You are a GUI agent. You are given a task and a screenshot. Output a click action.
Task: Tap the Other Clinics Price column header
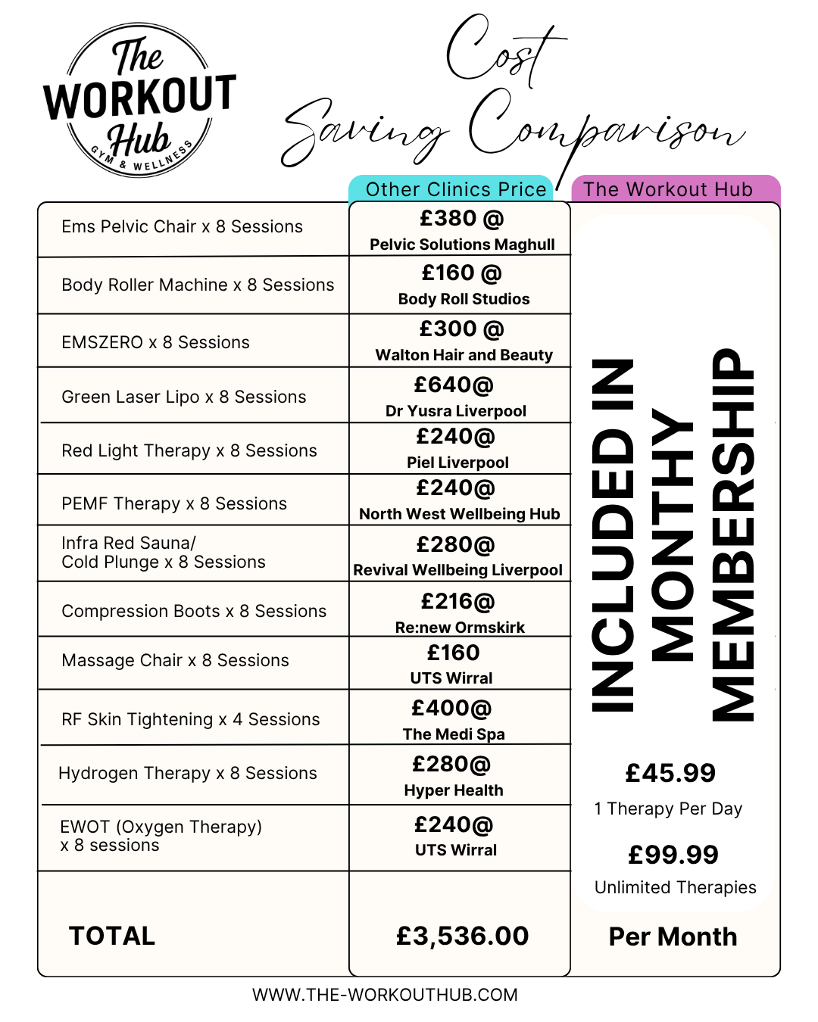pyautogui.click(x=456, y=189)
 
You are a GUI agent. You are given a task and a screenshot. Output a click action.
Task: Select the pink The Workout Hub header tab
pyautogui.click(x=668, y=189)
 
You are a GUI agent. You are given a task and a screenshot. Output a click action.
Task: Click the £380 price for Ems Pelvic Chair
pyautogui.click(x=461, y=219)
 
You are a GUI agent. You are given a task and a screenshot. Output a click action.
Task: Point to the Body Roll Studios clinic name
pyautogui.click(x=464, y=299)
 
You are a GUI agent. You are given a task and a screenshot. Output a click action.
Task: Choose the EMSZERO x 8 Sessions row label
pyautogui.click(x=155, y=342)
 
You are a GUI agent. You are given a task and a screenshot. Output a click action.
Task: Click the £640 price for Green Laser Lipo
pyautogui.click(x=454, y=385)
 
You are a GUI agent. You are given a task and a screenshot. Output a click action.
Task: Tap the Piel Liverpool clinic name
pyautogui.click(x=457, y=463)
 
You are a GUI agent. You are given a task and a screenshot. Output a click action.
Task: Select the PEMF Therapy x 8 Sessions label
pyautogui.click(x=174, y=503)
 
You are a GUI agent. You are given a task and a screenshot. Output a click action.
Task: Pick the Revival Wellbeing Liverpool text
pyautogui.click(x=457, y=570)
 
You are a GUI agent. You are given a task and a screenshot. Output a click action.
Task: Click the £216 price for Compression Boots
pyautogui.click(x=457, y=602)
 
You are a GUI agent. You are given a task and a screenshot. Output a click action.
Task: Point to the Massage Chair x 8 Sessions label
pyautogui.click(x=175, y=660)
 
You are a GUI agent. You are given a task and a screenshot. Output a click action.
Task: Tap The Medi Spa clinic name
pyautogui.click(x=454, y=734)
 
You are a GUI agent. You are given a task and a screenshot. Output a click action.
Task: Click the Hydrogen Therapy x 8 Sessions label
pyautogui.click(x=188, y=773)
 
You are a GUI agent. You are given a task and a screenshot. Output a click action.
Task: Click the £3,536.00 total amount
pyautogui.click(x=462, y=936)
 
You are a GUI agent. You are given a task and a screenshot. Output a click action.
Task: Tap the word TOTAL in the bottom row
pyautogui.click(x=112, y=936)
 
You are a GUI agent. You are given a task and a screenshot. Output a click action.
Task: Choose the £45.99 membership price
pyautogui.click(x=670, y=773)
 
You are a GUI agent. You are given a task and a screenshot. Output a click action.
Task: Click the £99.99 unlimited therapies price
pyautogui.click(x=673, y=855)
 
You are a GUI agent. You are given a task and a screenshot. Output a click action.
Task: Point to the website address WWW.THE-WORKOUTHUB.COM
pyautogui.click(x=385, y=995)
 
